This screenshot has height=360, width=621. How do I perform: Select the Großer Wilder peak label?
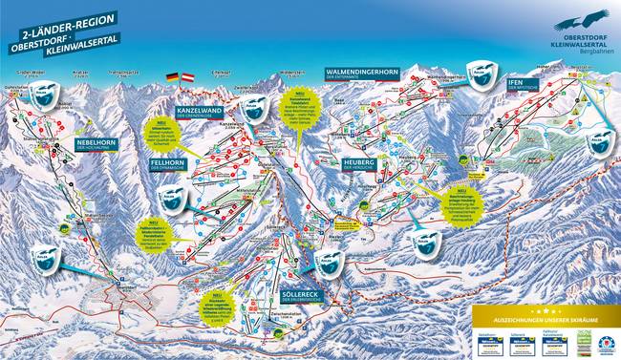pyautogui.click(x=32, y=70)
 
